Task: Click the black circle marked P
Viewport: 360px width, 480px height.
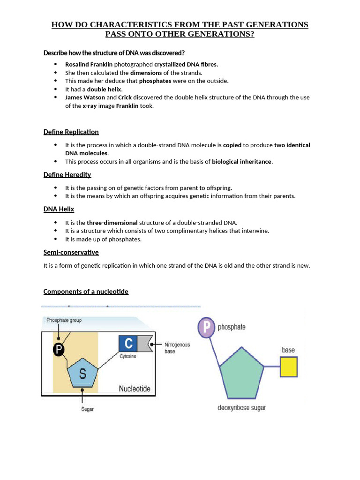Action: click(58, 349)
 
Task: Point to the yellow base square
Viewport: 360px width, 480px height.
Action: click(289, 367)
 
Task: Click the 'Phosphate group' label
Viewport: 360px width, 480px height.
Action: click(64, 320)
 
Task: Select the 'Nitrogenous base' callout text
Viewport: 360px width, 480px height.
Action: click(177, 348)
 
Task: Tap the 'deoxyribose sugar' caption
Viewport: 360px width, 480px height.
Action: click(241, 407)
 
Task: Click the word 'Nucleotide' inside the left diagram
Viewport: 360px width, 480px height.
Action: click(135, 389)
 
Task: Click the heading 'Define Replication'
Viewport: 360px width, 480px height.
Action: click(71, 132)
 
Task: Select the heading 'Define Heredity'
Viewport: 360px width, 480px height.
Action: click(67, 175)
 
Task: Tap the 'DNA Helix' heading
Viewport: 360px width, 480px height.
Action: click(59, 209)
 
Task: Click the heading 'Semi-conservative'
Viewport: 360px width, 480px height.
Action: click(71, 252)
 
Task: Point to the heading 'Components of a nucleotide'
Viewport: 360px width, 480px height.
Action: click(86, 292)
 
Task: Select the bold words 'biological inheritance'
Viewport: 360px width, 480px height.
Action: click(241, 162)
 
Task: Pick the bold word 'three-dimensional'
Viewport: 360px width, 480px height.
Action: click(112, 223)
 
